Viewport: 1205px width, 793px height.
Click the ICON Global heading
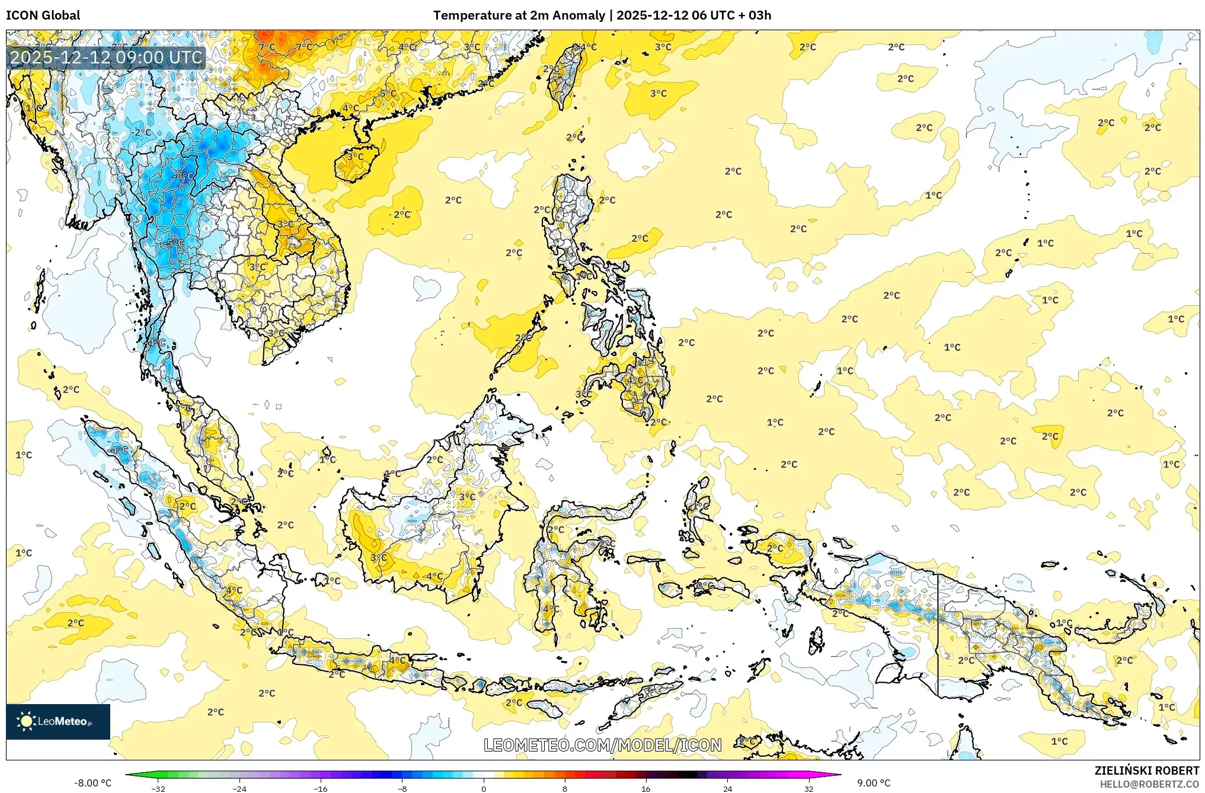[x=43, y=15]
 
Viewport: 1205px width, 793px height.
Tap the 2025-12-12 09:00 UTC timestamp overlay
[x=106, y=57]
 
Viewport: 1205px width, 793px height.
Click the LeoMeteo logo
[x=57, y=721]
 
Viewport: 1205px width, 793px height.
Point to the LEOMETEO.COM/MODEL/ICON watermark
[x=602, y=745]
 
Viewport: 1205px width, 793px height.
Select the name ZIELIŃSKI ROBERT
[x=1146, y=770]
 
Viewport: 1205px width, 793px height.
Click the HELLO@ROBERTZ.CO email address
[x=1149, y=784]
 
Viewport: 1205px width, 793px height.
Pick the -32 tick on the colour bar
[x=158, y=788]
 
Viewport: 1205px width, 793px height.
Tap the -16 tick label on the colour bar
[x=321, y=788]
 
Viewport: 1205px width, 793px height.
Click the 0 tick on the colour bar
[x=484, y=788]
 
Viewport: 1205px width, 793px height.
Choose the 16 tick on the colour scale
[x=646, y=788]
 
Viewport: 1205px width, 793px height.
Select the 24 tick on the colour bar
[x=727, y=788]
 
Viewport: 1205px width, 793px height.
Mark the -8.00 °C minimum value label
[x=92, y=783]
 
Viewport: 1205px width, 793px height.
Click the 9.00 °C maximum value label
[x=874, y=783]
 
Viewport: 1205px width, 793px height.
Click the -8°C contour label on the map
[x=183, y=175]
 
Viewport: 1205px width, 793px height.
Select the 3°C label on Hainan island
[x=355, y=157]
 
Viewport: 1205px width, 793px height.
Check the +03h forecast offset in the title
[x=759, y=15]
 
